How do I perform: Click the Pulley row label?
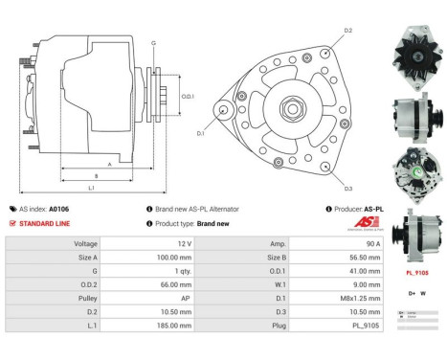pyautogui.click(x=85, y=299)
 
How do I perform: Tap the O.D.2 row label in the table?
pyautogui.click(x=85, y=285)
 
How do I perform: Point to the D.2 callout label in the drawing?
pyautogui.click(x=347, y=32)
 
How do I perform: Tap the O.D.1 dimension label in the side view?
pyautogui.click(x=188, y=96)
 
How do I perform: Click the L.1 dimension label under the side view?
pyautogui.click(x=91, y=187)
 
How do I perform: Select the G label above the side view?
pyautogui.click(x=153, y=43)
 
